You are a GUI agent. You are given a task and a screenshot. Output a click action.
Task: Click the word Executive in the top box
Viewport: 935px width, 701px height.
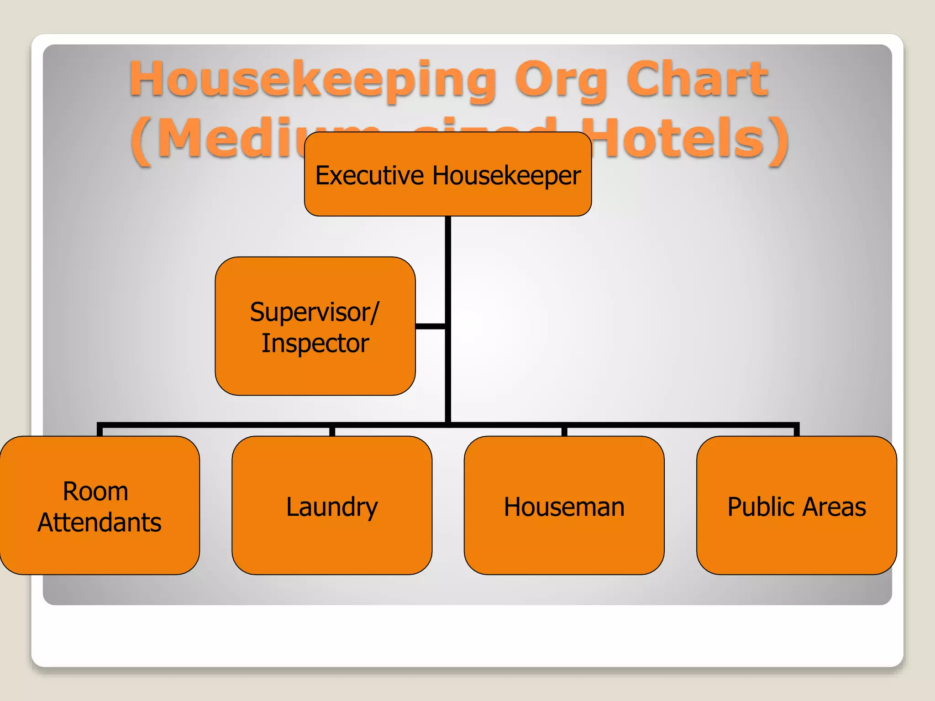pos(369,176)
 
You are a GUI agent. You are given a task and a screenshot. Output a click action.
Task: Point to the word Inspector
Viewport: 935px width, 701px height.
pos(315,343)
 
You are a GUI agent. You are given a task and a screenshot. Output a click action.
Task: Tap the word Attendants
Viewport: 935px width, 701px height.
pos(100,522)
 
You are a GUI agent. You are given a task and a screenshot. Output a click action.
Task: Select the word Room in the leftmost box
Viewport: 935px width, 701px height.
pos(95,492)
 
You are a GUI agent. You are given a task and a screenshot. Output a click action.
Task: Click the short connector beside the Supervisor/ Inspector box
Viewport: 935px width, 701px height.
pos(430,326)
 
